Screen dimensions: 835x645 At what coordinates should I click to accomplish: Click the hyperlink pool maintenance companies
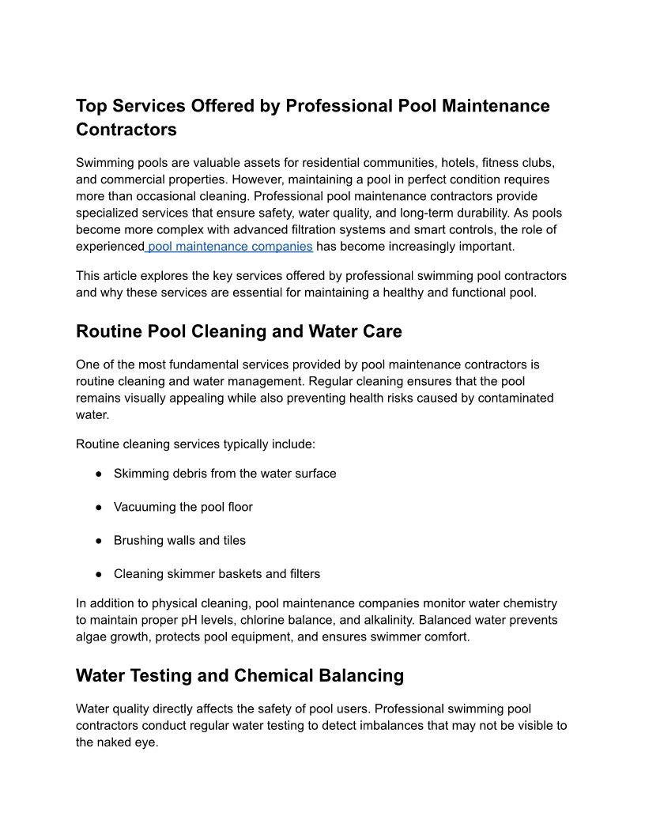point(230,247)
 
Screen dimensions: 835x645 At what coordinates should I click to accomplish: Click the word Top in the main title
point(92,106)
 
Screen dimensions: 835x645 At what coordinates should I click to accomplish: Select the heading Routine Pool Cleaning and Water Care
point(239,331)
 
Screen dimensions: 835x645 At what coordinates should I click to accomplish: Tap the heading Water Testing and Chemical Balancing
point(240,675)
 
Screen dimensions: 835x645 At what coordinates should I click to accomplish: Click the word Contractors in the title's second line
point(126,129)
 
